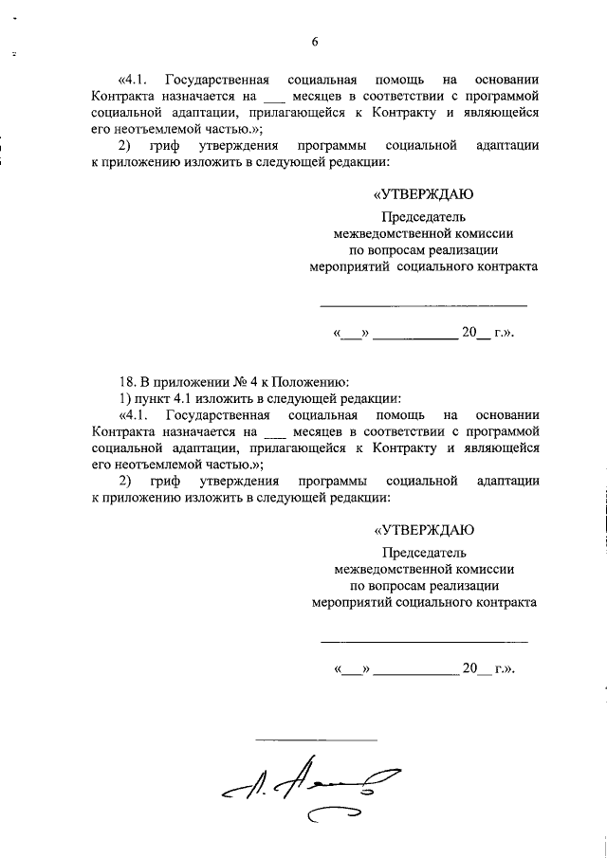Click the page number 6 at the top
(315, 41)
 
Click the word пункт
(149, 398)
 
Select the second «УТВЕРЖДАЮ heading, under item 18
(423, 530)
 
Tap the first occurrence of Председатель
(424, 216)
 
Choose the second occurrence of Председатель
(424, 552)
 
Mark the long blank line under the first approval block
(423, 305)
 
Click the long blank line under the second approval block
(423, 641)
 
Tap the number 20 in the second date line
(471, 668)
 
